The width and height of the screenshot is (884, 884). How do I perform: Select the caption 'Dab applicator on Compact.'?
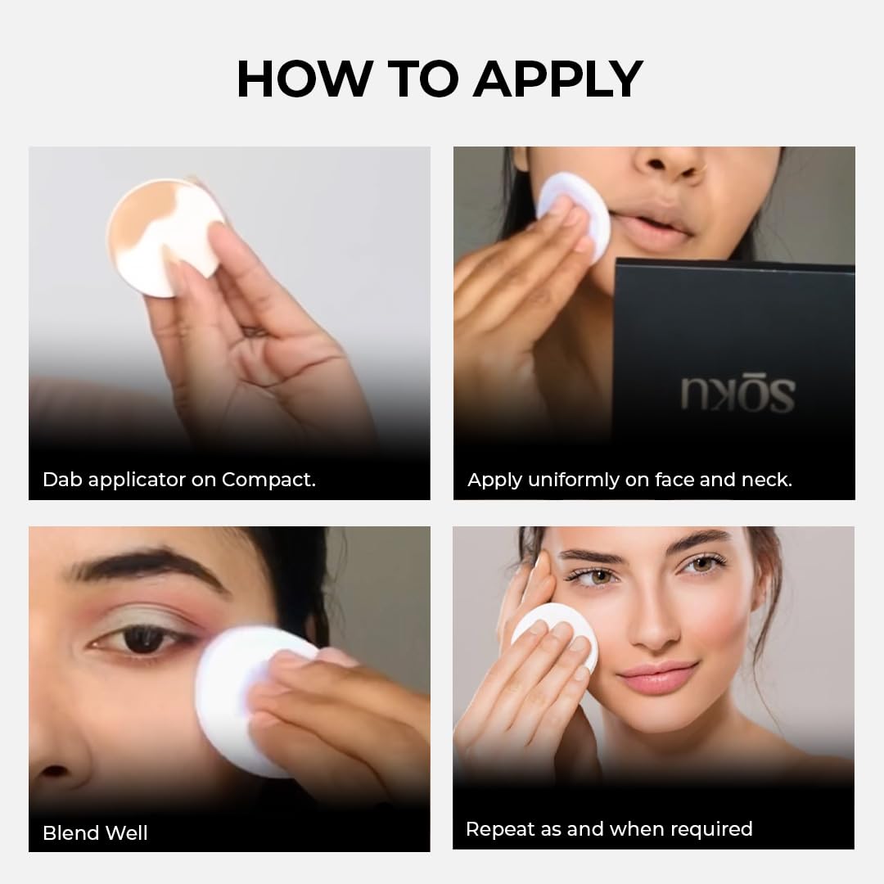tap(178, 480)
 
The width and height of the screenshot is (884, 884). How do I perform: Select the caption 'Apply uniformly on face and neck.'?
tap(629, 480)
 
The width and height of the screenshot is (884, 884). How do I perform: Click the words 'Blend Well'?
tap(95, 832)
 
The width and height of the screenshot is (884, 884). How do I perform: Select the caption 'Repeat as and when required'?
tap(608, 828)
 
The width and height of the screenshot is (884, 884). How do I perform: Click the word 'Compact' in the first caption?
tap(268, 480)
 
